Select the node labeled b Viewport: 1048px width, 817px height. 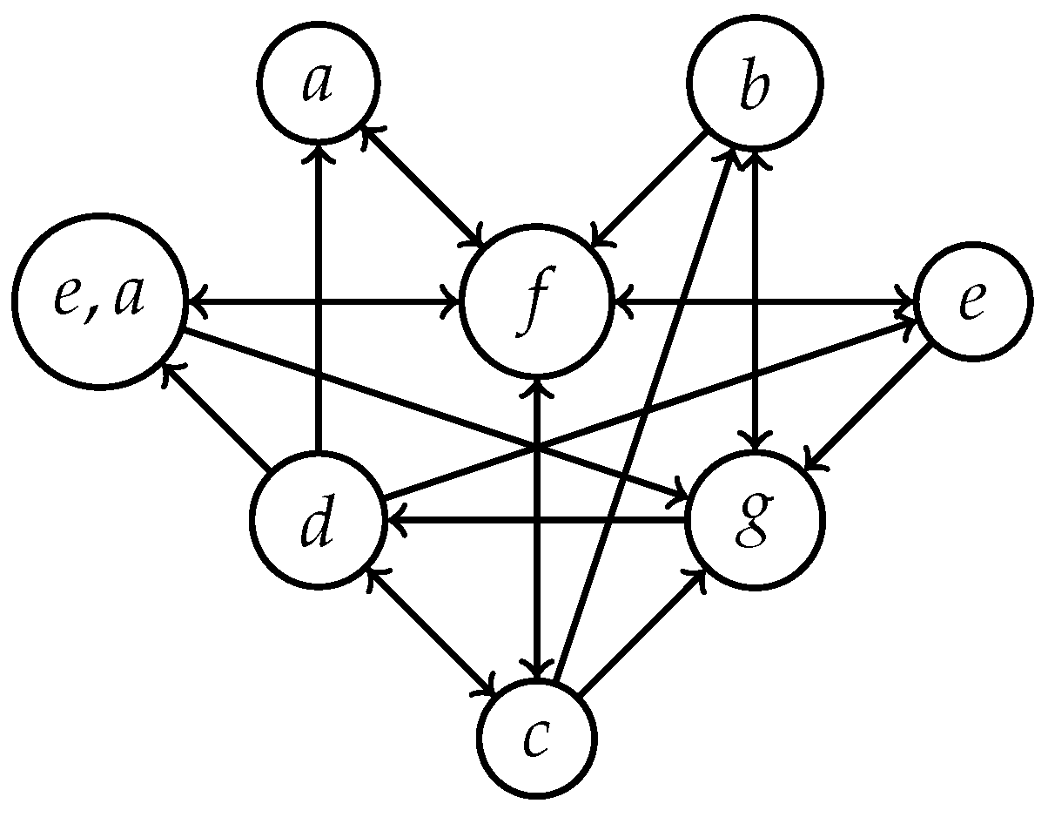point(756,85)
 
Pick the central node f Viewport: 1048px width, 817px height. point(538,302)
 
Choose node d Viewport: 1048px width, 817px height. point(318,521)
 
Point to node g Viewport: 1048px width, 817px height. point(756,521)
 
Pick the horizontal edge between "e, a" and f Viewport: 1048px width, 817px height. point(322,302)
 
